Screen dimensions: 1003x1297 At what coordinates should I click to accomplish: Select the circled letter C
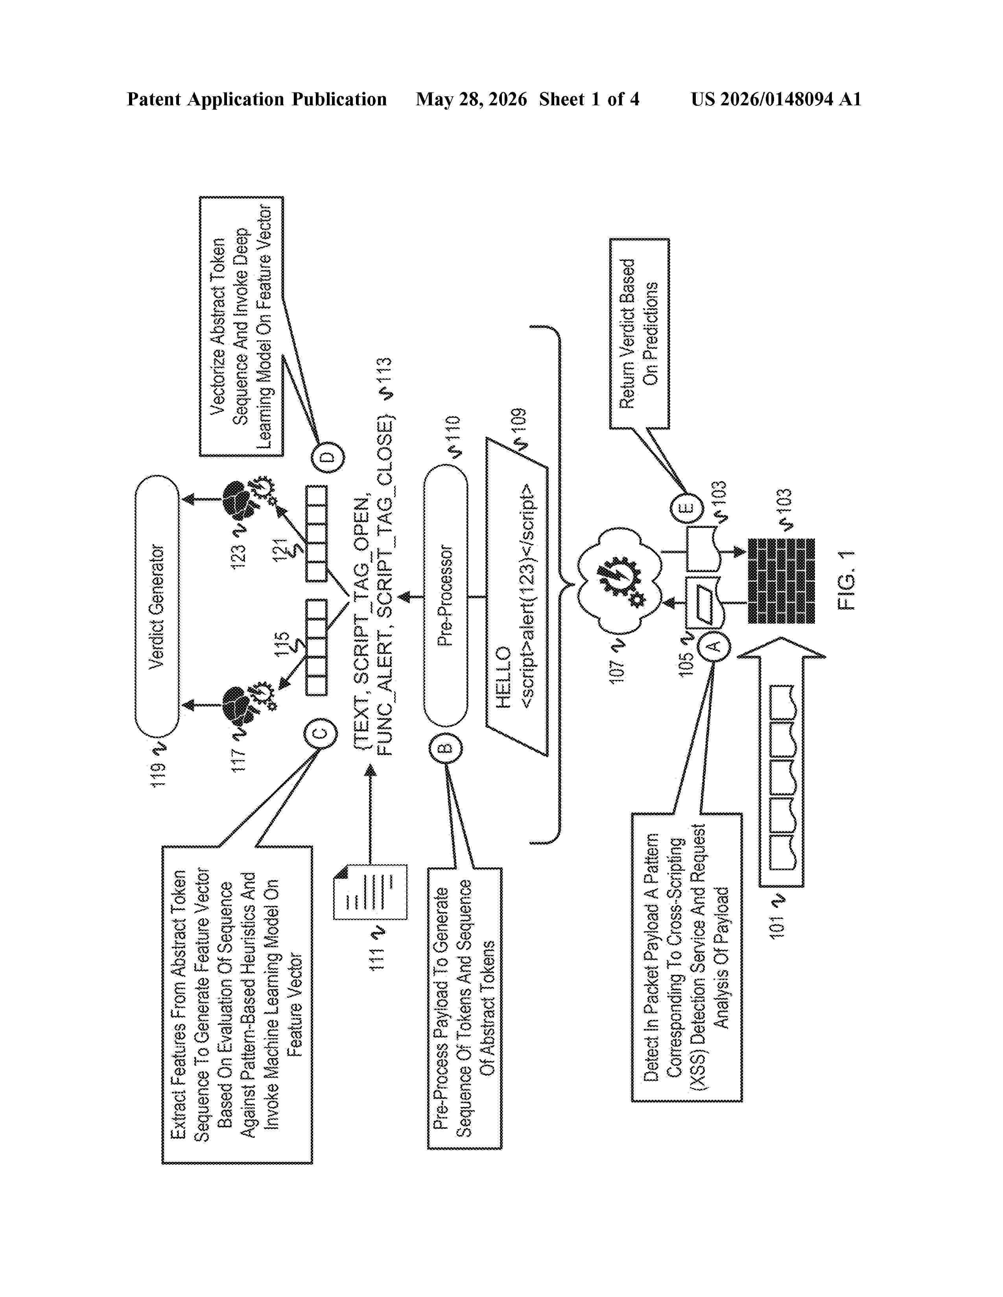pos(320,732)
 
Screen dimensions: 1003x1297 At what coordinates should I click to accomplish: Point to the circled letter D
pos(328,457)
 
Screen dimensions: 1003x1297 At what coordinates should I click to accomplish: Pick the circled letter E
pos(687,508)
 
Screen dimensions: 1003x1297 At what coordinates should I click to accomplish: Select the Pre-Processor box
pos(446,596)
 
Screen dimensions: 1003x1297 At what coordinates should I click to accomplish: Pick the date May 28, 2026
pos(471,99)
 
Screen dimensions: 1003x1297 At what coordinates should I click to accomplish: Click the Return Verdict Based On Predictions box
pos(639,333)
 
